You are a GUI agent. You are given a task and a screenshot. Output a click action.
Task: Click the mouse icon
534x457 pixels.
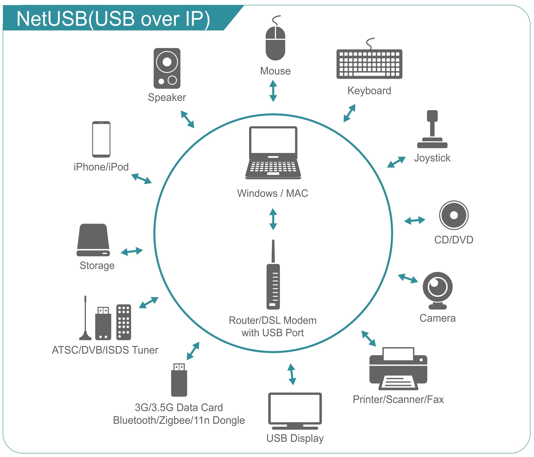[x=275, y=43]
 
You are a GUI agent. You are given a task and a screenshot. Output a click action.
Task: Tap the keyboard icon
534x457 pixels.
[x=369, y=64]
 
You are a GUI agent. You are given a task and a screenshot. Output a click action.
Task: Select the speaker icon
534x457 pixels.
[x=167, y=68]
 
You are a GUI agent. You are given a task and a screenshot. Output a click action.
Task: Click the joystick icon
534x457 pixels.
[x=432, y=130]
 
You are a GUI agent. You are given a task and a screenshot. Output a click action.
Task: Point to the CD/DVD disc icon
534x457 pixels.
[x=454, y=215]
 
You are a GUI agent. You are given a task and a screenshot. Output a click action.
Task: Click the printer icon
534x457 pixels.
[x=398, y=368]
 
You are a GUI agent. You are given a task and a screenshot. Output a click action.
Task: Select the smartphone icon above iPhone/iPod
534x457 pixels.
[x=101, y=139]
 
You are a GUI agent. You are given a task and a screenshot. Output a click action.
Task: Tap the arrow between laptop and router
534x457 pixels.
[x=273, y=219]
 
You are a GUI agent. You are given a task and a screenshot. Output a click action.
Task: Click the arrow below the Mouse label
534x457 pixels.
[x=273, y=91]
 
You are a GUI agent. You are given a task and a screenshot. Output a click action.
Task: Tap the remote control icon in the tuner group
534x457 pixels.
[x=124, y=322]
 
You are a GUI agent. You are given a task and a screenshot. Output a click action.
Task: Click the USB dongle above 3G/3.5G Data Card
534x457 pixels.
[x=179, y=380]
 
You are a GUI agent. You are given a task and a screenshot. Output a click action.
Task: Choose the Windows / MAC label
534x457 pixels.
[x=272, y=193]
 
